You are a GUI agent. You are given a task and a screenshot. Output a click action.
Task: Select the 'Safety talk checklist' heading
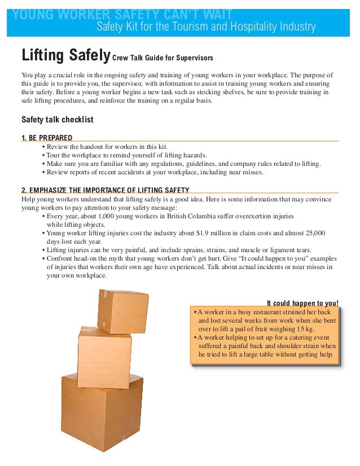click(57, 120)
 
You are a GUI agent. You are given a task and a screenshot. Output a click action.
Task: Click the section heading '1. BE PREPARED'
click(46, 137)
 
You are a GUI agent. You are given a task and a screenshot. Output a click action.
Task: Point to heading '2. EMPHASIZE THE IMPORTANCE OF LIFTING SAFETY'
click(105, 190)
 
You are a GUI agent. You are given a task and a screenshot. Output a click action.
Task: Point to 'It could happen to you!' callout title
click(302, 302)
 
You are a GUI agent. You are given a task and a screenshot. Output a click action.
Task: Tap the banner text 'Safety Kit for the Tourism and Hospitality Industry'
click(206, 27)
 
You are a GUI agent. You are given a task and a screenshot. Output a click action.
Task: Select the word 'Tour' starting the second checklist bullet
click(54, 156)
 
